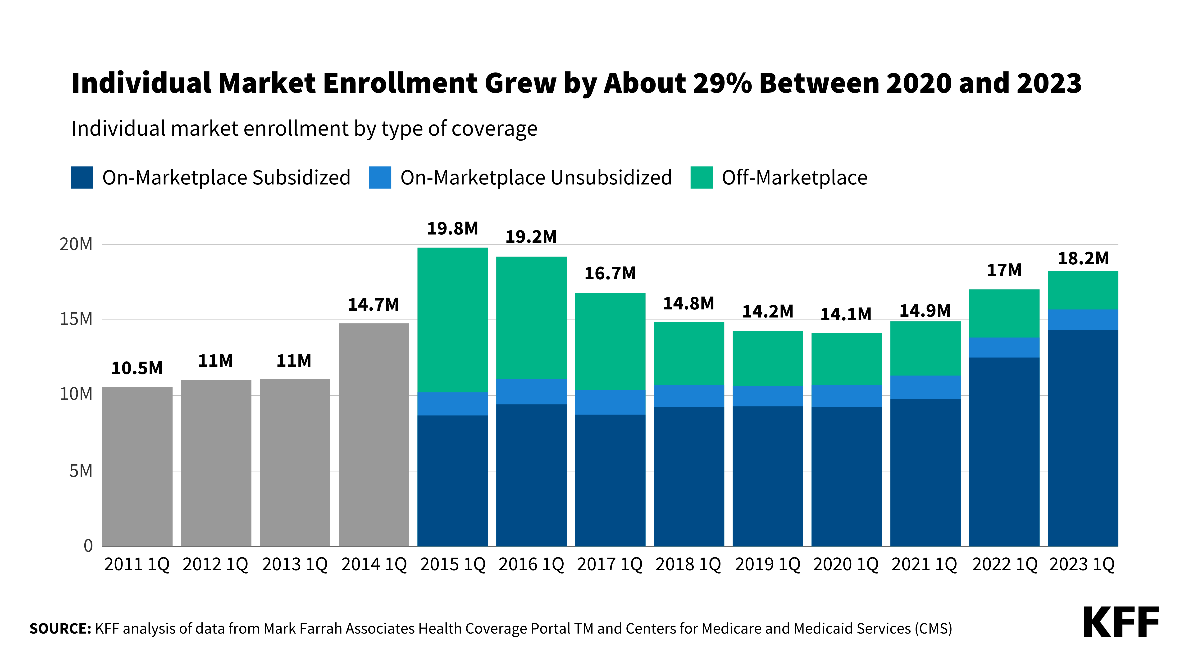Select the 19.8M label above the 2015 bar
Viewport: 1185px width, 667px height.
tap(452, 228)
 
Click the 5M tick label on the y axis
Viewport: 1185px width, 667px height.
tap(81, 471)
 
